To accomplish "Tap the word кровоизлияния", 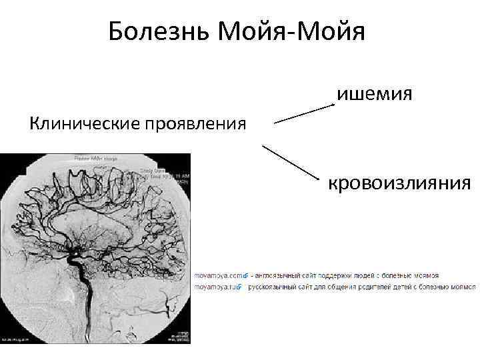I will pos(398,181).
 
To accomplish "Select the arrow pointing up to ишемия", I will pos(304,113).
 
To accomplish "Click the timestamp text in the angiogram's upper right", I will pos(175,174).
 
